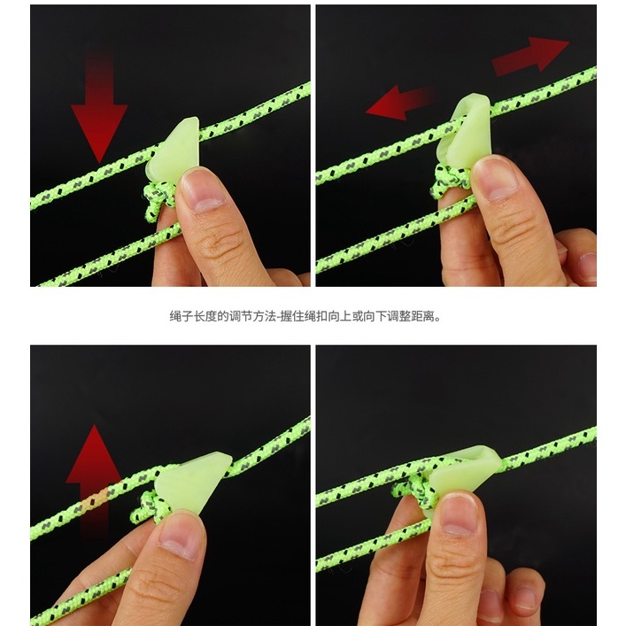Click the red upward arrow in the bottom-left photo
coord(94,479)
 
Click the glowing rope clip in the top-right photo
coord(466,128)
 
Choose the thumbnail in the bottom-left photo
coord(180,539)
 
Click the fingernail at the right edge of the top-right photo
coord(587,266)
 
